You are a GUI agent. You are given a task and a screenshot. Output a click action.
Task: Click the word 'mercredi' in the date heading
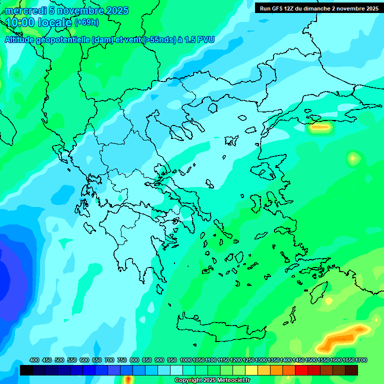pyautogui.click(x=23, y=11)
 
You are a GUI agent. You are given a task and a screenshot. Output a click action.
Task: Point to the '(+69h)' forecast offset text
pyautogui.click(x=86, y=22)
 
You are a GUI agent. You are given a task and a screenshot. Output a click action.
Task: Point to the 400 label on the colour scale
pyautogui.click(x=34, y=360)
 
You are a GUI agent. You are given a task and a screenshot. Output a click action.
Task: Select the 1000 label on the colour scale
pyautogui.click(x=185, y=360)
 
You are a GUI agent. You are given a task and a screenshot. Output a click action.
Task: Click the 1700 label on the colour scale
pyautogui.click(x=362, y=360)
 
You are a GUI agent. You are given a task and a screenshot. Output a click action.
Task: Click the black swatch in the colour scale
pyautogui.click(x=26, y=370)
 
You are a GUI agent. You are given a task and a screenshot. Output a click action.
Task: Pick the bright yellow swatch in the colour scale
pyautogui.click(x=251, y=370)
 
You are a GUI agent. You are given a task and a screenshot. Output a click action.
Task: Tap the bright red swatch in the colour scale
pyautogui.click(x=301, y=370)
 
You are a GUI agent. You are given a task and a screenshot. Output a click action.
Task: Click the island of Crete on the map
pyautogui.click(x=220, y=327)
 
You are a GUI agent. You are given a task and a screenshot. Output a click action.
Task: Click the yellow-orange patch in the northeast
pyautogui.click(x=319, y=127)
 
